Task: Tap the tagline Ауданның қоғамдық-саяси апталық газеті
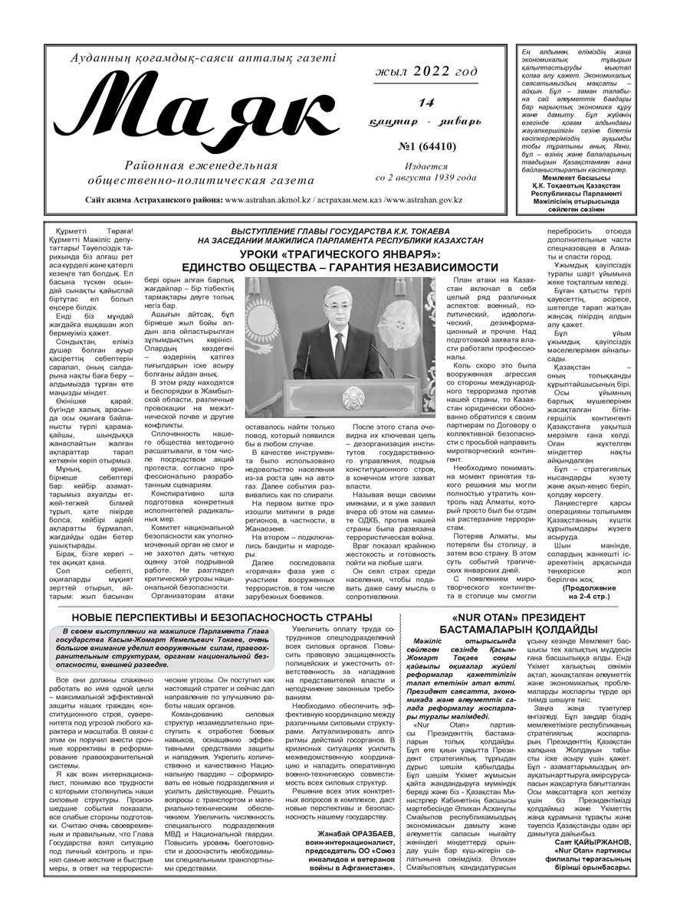pos(203,59)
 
